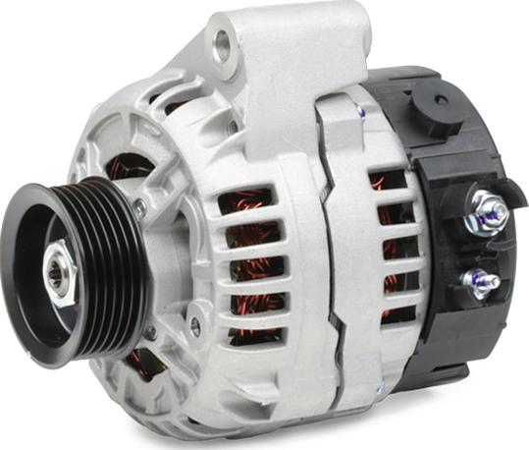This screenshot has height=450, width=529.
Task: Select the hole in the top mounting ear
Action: click(221, 42)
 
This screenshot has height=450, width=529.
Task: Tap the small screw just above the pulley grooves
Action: click(140, 207)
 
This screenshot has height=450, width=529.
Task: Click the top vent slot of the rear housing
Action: click(388, 181)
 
